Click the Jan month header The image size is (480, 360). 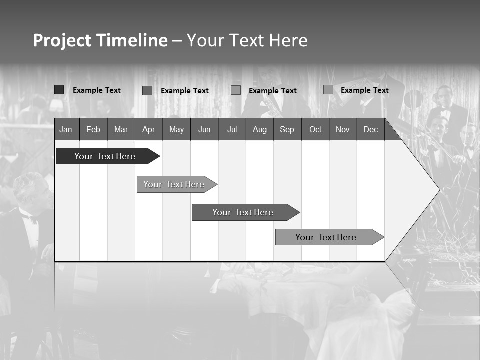click(x=66, y=129)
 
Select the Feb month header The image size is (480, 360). click(x=93, y=129)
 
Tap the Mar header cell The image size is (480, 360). click(x=121, y=129)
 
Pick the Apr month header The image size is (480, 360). click(x=148, y=129)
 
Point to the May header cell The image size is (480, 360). click(x=176, y=129)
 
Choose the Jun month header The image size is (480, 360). click(x=204, y=129)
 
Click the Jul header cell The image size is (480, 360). click(x=232, y=129)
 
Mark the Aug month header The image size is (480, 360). click(x=259, y=129)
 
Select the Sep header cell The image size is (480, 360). click(x=287, y=129)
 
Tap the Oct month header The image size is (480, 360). click(x=315, y=129)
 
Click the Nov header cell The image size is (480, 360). click(x=343, y=129)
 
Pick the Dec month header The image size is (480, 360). click(x=370, y=129)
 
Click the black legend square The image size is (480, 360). click(x=59, y=90)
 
